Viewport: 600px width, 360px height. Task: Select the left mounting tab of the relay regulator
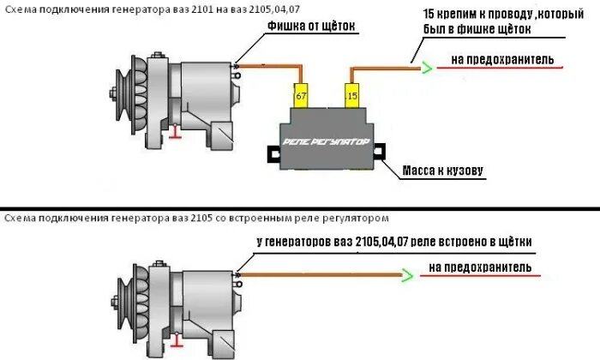273,154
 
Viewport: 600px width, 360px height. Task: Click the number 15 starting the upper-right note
429,15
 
